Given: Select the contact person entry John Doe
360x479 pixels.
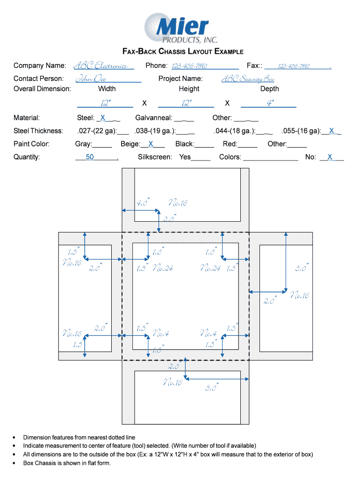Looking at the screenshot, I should (91, 79).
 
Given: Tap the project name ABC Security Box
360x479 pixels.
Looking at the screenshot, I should (247, 79).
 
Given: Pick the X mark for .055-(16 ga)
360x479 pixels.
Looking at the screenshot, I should (331, 131).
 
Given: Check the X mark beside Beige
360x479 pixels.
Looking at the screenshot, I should (151, 144).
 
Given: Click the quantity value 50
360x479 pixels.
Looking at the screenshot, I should (90, 157).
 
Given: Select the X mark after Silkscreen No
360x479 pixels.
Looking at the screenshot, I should (330, 157).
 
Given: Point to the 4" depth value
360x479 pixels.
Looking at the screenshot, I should (270, 103).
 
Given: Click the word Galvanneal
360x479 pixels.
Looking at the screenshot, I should (153, 118).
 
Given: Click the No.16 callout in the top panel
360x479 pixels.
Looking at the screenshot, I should (178, 203).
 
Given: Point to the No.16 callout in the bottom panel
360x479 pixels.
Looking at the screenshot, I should (172, 383).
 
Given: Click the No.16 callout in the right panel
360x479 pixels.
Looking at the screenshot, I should (300, 295).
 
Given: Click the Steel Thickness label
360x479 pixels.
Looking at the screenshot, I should (38, 131).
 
